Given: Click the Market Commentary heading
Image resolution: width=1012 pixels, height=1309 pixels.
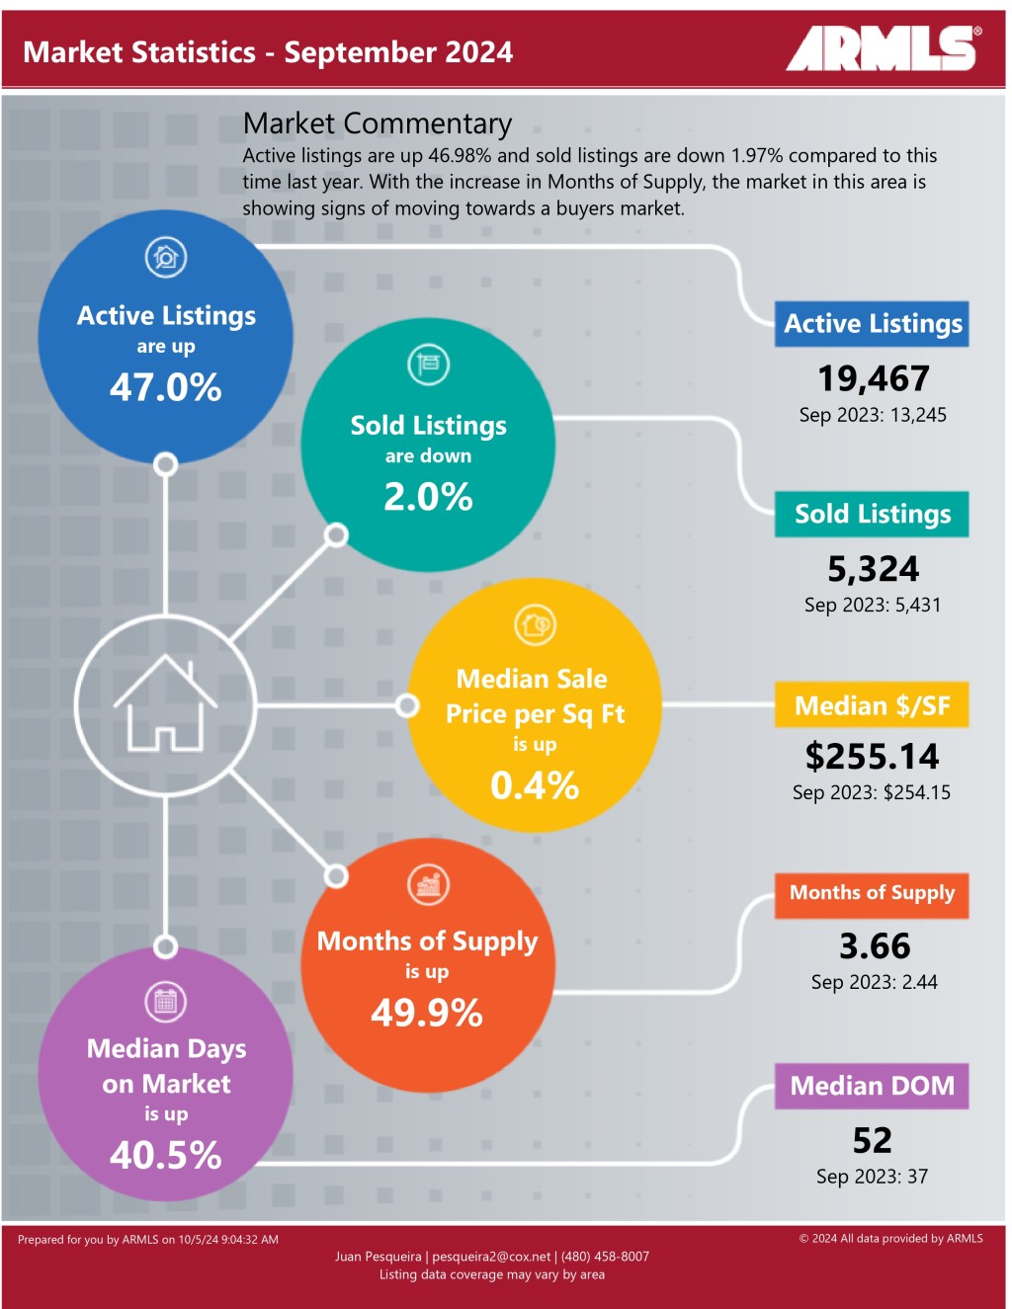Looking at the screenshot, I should (x=377, y=123).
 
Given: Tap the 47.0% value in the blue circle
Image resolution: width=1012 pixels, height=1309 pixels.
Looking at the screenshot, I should (x=165, y=387).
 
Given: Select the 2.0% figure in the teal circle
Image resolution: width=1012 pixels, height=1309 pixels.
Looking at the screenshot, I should (x=428, y=496).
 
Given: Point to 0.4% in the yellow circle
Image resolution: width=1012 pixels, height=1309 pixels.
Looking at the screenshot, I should (x=534, y=785).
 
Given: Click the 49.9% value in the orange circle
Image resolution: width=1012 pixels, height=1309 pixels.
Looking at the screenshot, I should (x=427, y=1013).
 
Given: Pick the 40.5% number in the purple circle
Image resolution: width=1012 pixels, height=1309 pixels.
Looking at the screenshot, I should (x=165, y=1155).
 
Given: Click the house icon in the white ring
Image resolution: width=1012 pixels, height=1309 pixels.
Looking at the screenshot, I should (x=165, y=704).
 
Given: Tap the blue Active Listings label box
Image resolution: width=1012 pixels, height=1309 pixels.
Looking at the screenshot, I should (x=872, y=324).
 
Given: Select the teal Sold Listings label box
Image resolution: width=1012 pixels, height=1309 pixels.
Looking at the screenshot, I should (x=872, y=514).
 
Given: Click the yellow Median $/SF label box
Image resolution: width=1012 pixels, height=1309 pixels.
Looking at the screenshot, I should (x=872, y=705).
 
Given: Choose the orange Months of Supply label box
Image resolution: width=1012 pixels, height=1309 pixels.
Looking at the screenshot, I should (x=872, y=894).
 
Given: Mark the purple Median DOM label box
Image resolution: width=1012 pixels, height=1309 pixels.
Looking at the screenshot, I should (x=872, y=1086).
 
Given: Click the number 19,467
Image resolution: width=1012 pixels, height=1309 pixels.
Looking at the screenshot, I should (x=873, y=378).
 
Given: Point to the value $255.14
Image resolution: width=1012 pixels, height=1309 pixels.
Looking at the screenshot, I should (x=872, y=757).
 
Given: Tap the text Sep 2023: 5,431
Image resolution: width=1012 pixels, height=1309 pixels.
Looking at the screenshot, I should (x=872, y=605).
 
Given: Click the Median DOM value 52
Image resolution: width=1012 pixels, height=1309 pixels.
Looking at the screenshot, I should (x=872, y=1140).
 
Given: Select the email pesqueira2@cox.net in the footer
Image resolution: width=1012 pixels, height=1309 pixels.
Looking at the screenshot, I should (x=491, y=1257).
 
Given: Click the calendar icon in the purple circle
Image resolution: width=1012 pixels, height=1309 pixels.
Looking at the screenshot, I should (x=165, y=1002).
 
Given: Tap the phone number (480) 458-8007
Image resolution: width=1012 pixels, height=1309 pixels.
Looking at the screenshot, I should (x=605, y=1257).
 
